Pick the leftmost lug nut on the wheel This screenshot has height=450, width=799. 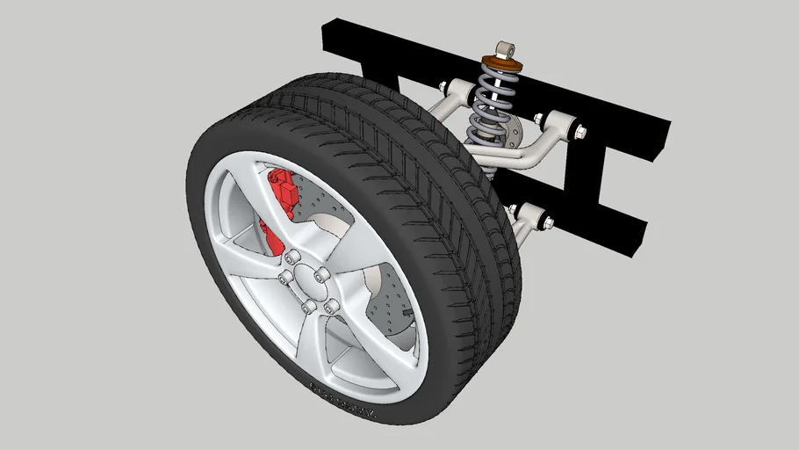[284, 279]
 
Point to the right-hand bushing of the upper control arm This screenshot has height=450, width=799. [559, 122]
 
